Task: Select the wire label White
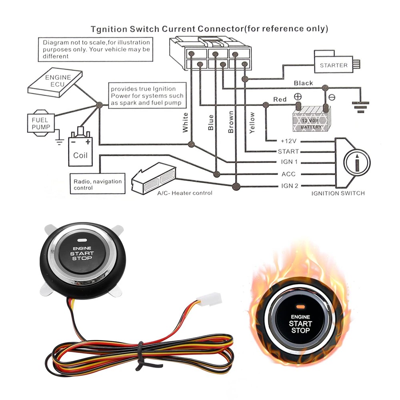[185, 122]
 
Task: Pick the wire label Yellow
[252, 122]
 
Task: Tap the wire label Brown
[231, 122]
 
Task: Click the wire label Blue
[211, 122]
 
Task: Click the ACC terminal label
[289, 174]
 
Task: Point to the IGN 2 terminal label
[289, 186]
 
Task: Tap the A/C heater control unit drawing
[154, 178]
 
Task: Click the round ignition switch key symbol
[356, 163]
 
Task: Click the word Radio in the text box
[81, 181]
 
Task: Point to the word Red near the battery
[280, 99]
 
